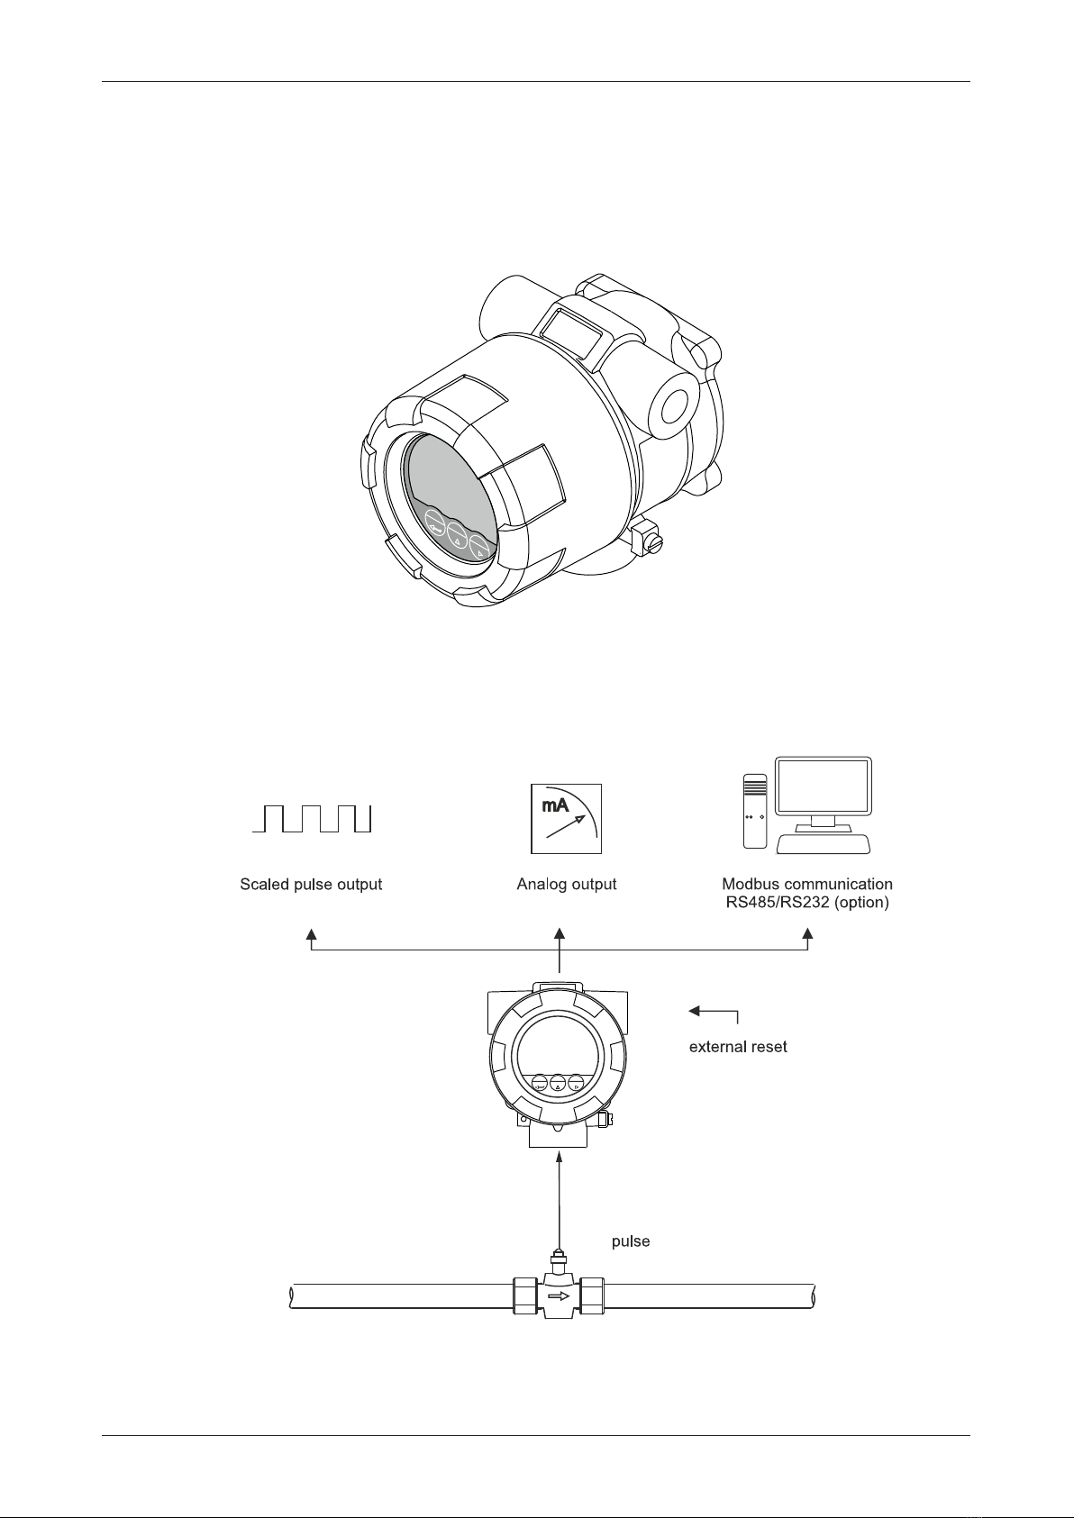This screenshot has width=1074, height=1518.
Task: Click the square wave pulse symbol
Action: tap(312, 819)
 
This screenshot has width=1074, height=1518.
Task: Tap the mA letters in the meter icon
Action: tap(552, 804)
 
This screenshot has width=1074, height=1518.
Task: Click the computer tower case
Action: tap(755, 811)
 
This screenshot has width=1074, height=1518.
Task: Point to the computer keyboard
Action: tap(824, 844)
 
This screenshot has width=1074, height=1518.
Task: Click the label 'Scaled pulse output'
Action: tap(311, 885)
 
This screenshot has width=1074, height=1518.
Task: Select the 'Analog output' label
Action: tap(567, 885)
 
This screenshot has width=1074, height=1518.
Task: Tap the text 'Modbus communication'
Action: tap(807, 884)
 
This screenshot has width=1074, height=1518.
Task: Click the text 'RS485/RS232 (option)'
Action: tap(807, 902)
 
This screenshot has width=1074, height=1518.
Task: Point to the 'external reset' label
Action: tap(738, 1047)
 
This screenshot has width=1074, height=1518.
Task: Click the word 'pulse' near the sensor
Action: tap(631, 1241)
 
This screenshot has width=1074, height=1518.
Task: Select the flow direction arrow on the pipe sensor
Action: tap(559, 1297)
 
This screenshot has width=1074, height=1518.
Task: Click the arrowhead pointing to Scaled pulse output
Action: tap(312, 933)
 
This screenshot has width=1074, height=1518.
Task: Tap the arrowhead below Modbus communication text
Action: tap(808, 933)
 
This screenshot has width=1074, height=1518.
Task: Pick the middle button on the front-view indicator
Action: tap(558, 1085)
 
